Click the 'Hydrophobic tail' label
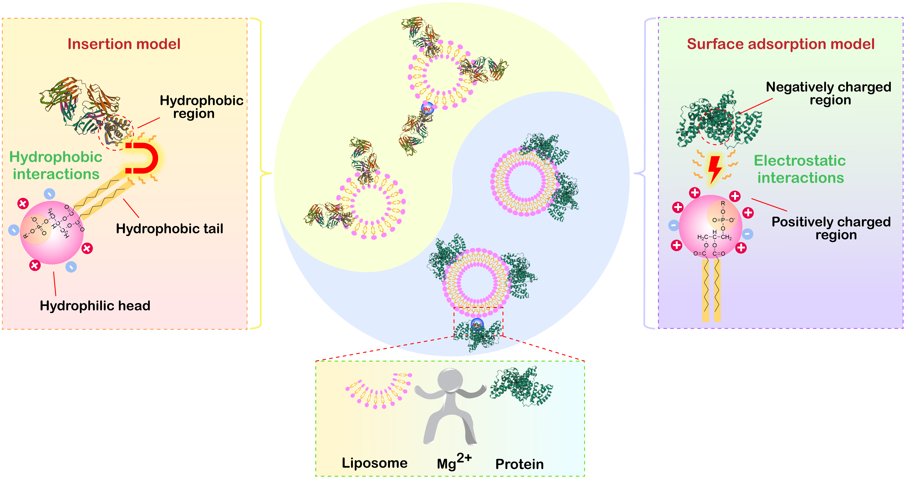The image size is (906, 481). (x=170, y=229)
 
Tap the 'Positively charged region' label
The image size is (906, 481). (x=831, y=228)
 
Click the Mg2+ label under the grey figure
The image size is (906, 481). (x=454, y=462)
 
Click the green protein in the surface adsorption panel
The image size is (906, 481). (x=718, y=120)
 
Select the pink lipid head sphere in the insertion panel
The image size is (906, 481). (x=52, y=232)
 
